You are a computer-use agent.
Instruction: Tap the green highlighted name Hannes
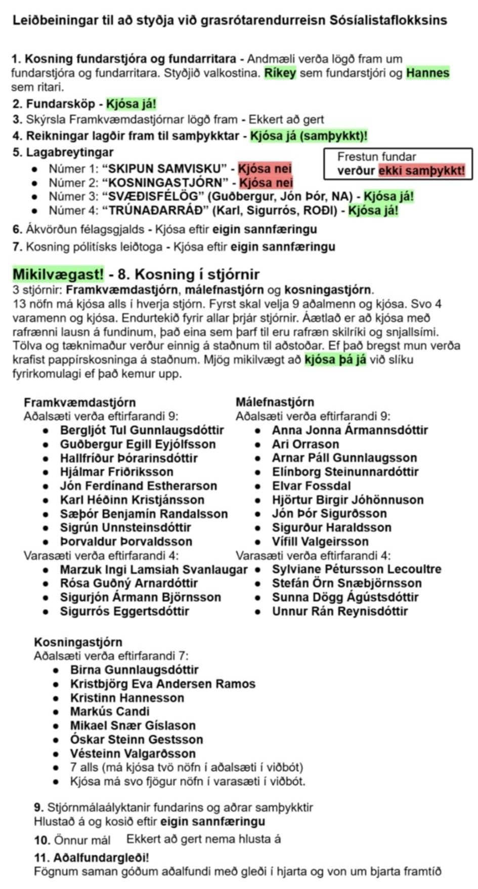(x=427, y=73)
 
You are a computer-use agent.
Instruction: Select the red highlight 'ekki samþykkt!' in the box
(x=421, y=170)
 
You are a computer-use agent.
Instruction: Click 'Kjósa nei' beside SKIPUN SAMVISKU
(x=265, y=168)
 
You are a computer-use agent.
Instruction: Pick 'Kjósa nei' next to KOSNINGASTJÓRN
(x=266, y=183)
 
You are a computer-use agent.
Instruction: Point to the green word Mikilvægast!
(x=58, y=275)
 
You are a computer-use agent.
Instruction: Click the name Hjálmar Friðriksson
(x=116, y=472)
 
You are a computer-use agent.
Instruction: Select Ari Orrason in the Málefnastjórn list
(x=305, y=444)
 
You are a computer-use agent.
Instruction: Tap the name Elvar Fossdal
(x=311, y=486)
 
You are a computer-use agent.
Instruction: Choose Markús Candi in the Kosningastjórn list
(x=110, y=712)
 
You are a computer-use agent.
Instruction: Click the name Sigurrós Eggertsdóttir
(x=124, y=611)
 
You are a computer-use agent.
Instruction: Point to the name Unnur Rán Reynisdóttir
(x=339, y=611)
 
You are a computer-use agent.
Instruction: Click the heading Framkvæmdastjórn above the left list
(x=79, y=403)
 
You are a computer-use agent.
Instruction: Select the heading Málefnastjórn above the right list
(x=275, y=402)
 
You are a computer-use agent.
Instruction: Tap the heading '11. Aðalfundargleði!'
(x=92, y=858)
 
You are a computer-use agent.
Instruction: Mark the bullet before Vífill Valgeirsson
(x=258, y=542)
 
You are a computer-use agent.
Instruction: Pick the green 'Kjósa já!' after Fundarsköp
(x=131, y=104)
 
